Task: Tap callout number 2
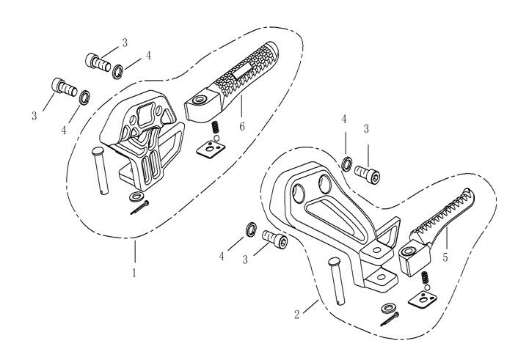296,315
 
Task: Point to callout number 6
242,127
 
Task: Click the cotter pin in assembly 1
139,208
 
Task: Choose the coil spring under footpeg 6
216,130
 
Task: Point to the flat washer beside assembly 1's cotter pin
135,196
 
